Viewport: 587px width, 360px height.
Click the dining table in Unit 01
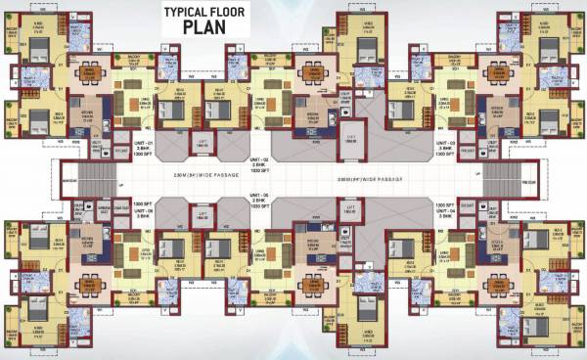89,72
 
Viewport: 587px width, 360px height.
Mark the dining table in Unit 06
89,283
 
